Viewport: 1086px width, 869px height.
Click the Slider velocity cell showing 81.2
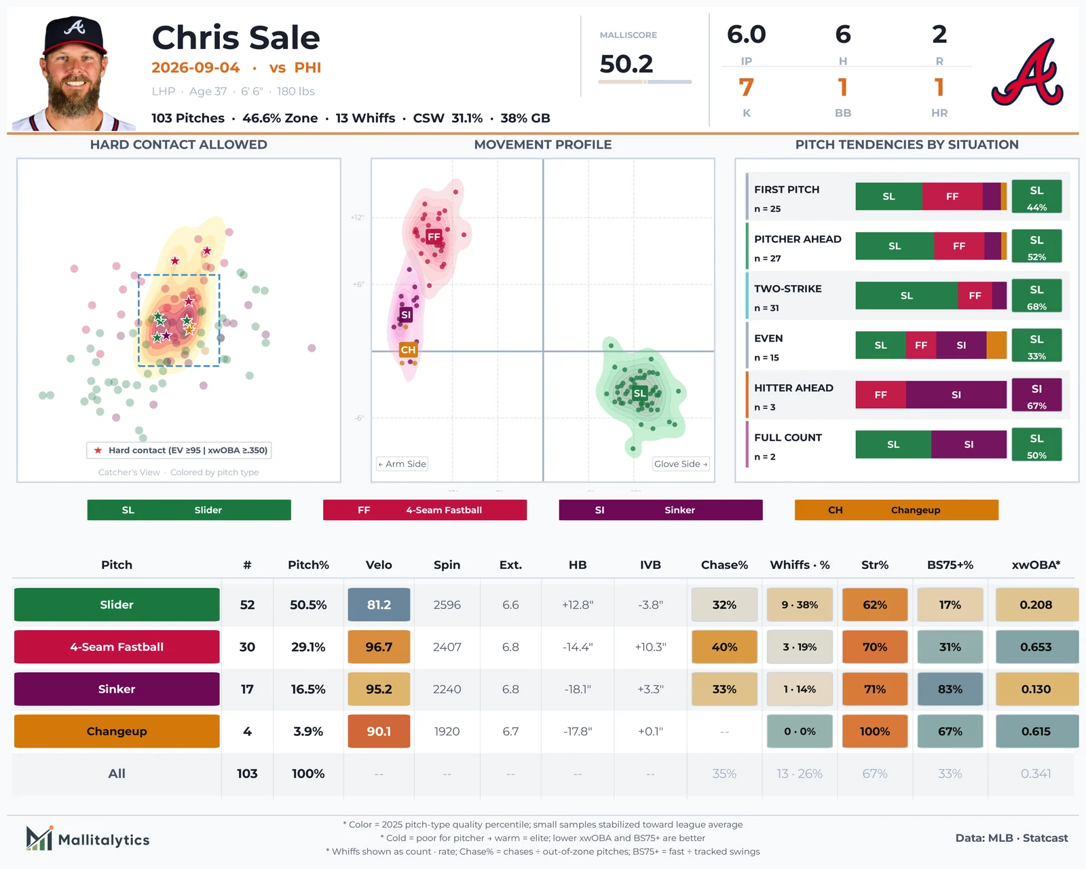click(379, 604)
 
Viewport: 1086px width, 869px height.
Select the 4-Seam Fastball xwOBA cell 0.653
click(1035, 647)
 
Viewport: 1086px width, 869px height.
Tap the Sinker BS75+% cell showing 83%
click(950, 688)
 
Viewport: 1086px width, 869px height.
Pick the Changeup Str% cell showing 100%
click(874, 731)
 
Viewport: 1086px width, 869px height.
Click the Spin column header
click(447, 565)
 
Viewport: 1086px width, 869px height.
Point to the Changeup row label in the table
click(117, 731)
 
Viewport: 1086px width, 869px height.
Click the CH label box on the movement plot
click(408, 350)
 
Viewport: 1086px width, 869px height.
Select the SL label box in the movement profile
click(639, 393)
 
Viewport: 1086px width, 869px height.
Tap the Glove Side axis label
click(680, 464)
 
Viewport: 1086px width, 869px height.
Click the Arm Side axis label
click(402, 464)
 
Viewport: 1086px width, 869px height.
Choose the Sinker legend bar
click(660, 510)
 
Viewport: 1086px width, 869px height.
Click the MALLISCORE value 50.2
click(626, 64)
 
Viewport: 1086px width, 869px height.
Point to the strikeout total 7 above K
click(746, 88)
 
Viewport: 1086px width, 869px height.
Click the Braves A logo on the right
click(1028, 72)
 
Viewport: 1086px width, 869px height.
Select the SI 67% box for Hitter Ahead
click(1036, 395)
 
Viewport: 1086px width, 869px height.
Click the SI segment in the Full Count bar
click(969, 445)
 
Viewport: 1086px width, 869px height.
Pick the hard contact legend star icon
click(98, 450)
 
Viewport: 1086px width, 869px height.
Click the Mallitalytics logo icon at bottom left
click(39, 838)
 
